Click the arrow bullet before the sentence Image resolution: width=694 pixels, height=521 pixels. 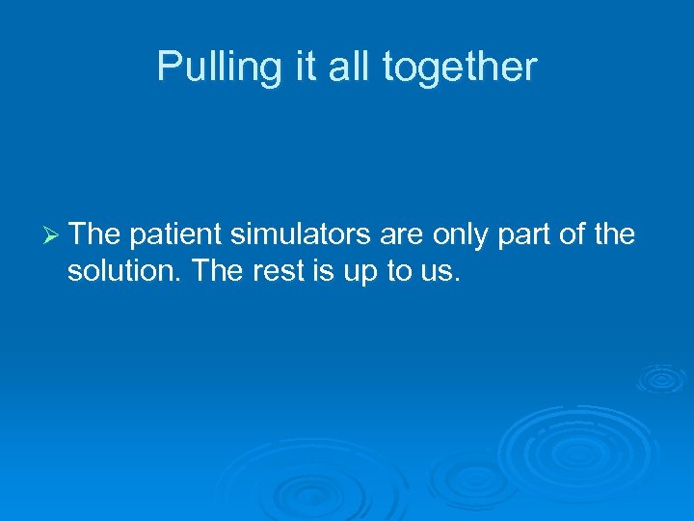click(x=53, y=234)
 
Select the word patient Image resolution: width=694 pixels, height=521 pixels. click(x=174, y=234)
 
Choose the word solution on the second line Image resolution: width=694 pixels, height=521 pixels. click(x=124, y=271)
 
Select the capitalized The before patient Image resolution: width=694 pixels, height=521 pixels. click(x=94, y=234)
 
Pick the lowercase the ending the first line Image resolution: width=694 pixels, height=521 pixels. click(x=614, y=234)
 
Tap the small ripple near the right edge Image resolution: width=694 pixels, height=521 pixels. click(x=661, y=378)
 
